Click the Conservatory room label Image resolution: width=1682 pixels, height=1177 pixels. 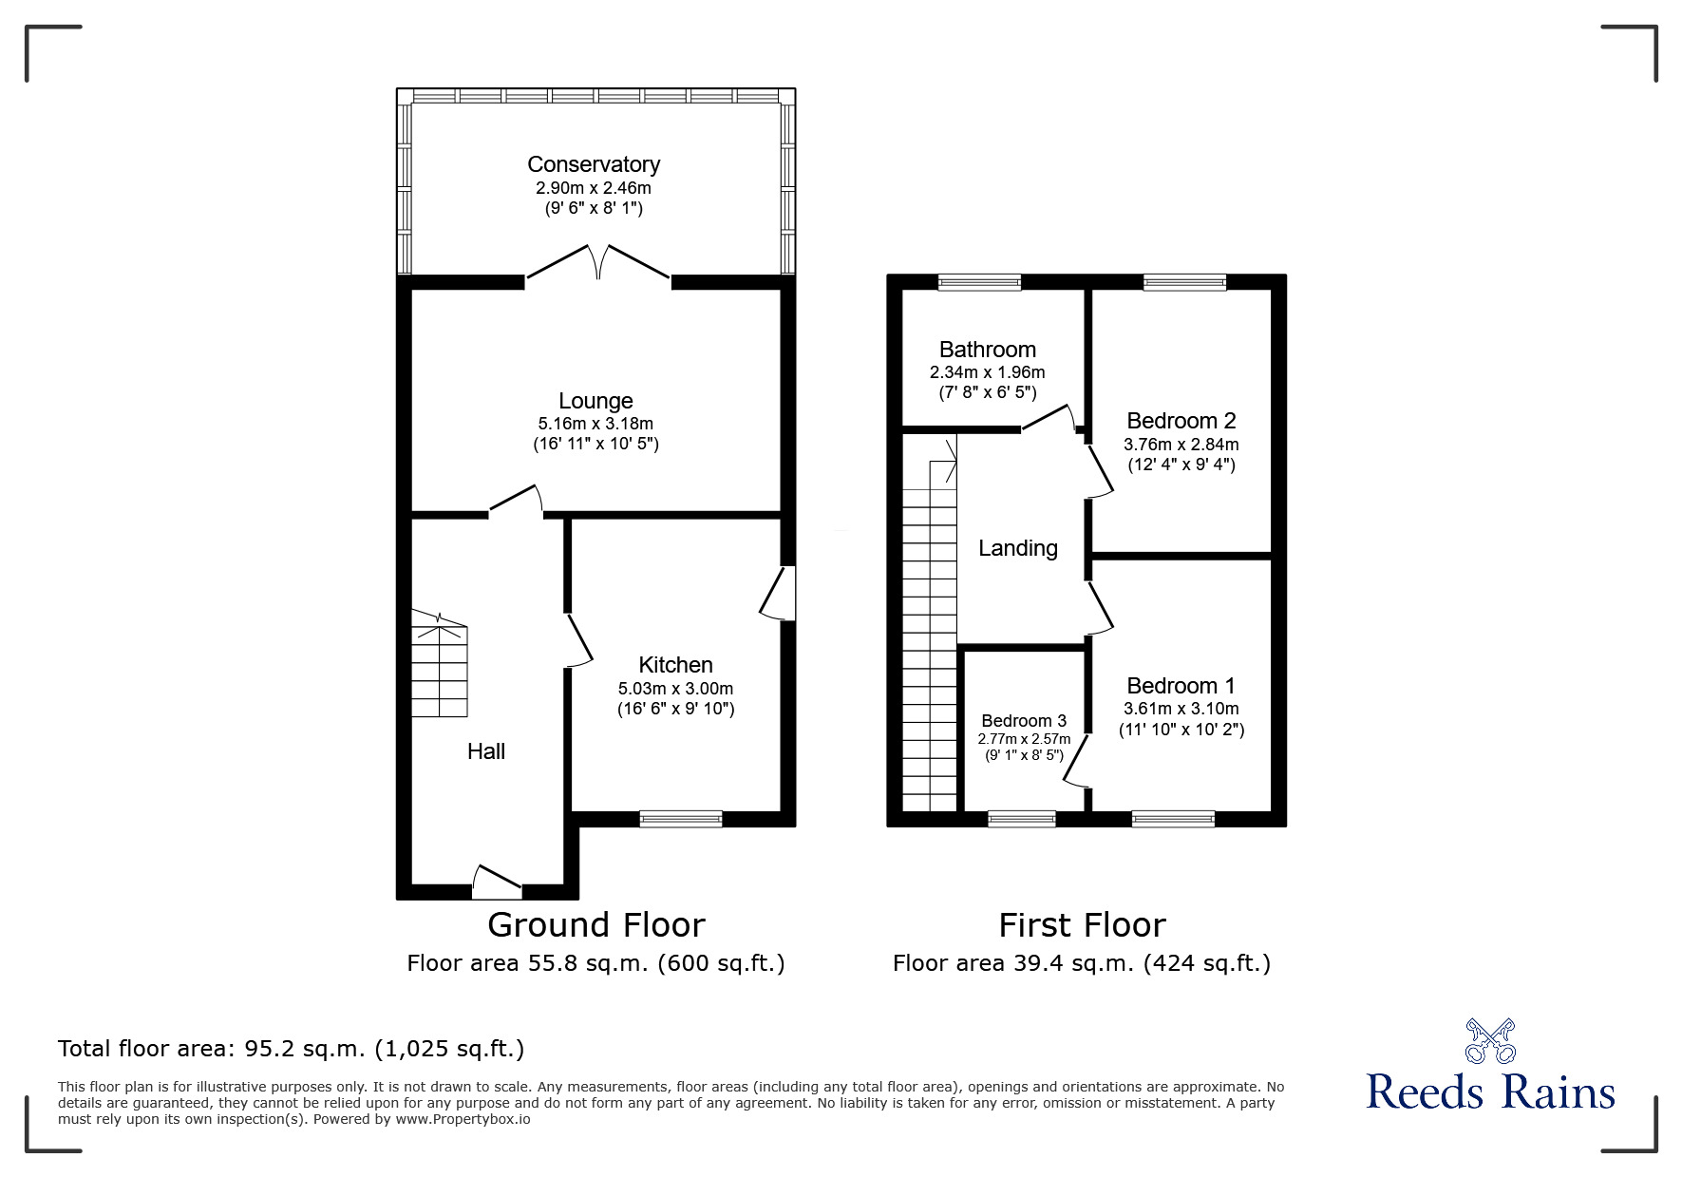click(594, 164)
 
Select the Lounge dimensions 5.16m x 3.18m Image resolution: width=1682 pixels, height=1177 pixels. click(595, 424)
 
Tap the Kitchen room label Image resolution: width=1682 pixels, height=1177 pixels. click(675, 665)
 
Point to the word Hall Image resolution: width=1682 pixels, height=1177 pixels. click(485, 751)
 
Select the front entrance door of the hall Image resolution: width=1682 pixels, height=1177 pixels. click(497, 883)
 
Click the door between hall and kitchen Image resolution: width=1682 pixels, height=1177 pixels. click(578, 638)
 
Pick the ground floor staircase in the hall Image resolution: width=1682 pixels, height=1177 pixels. click(440, 665)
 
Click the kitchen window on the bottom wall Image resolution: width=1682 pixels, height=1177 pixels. click(680, 818)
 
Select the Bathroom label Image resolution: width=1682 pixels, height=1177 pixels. click(987, 350)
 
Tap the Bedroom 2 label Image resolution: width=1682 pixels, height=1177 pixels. click(1181, 421)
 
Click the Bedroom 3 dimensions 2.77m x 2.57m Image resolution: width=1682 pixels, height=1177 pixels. click(1024, 739)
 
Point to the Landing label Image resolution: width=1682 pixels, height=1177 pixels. click(1017, 548)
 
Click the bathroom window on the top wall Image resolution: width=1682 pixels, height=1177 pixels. click(979, 281)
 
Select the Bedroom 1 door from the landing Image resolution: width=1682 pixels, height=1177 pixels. click(1100, 608)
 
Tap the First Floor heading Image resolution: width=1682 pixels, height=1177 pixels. click(1082, 924)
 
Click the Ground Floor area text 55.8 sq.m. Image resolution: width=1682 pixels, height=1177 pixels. click(595, 963)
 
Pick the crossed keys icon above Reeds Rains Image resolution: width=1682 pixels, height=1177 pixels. click(1489, 1040)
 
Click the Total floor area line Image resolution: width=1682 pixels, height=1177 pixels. click(291, 1049)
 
